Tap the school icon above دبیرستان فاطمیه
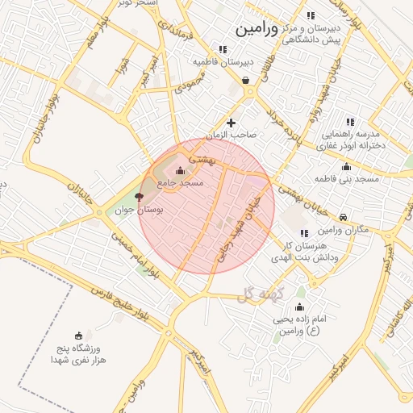[223, 48]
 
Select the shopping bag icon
[245, 80]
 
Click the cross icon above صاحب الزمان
[232, 123]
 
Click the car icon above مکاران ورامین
[344, 218]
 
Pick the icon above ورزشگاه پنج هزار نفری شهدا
[78, 336]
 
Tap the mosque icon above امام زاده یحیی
[299, 307]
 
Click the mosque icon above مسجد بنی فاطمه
[346, 166]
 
